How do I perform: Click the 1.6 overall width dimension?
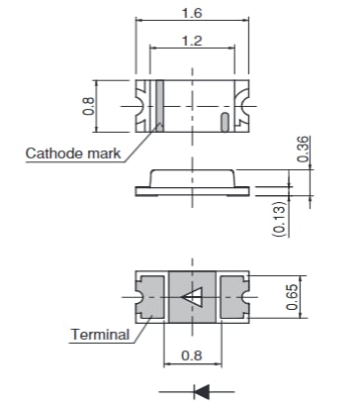click(190, 11)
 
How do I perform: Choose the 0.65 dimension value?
click(293, 296)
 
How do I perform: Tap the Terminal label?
click(99, 334)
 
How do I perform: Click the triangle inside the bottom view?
click(192, 296)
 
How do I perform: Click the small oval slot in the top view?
click(225, 122)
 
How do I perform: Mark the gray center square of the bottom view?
click(191, 296)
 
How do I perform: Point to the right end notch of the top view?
click(242, 104)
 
